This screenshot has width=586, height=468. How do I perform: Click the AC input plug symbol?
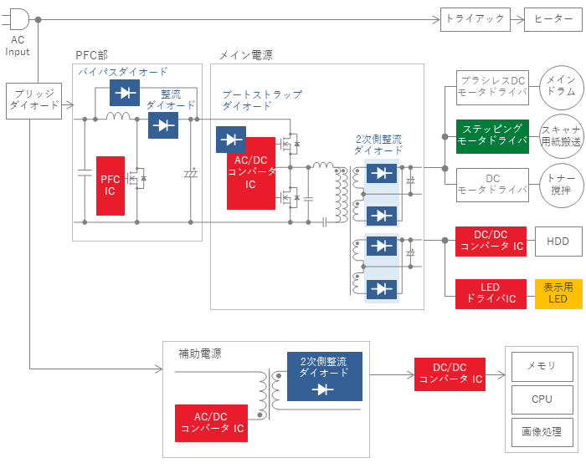tap(17, 19)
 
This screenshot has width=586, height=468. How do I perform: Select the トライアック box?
tap(475, 19)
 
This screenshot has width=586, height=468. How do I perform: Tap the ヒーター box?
tap(553, 19)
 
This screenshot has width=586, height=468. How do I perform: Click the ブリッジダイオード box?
tap(34, 101)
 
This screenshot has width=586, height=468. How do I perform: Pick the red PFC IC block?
tap(111, 186)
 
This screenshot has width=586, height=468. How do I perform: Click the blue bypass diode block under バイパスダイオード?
tap(125, 93)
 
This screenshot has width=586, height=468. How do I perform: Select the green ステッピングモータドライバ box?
tap(492, 136)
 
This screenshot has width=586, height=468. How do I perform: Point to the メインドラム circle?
tap(562, 87)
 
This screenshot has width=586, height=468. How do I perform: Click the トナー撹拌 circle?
tap(562, 185)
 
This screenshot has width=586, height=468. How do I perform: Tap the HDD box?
tap(558, 242)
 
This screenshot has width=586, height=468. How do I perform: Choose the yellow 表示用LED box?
tap(558, 294)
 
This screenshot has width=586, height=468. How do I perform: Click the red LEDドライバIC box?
tap(491, 294)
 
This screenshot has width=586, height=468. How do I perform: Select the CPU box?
tap(542, 399)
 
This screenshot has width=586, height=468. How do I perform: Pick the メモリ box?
tap(542, 367)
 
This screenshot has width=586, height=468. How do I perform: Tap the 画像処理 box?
tap(542, 432)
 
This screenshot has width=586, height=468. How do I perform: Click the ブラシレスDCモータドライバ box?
tap(492, 88)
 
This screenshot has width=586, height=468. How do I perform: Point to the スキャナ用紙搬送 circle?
tap(562, 136)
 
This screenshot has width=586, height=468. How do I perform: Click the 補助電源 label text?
tap(200, 354)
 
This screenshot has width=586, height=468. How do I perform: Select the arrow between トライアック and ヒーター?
tap(517, 19)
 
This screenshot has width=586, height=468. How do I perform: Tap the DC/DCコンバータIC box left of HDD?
tap(491, 242)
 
